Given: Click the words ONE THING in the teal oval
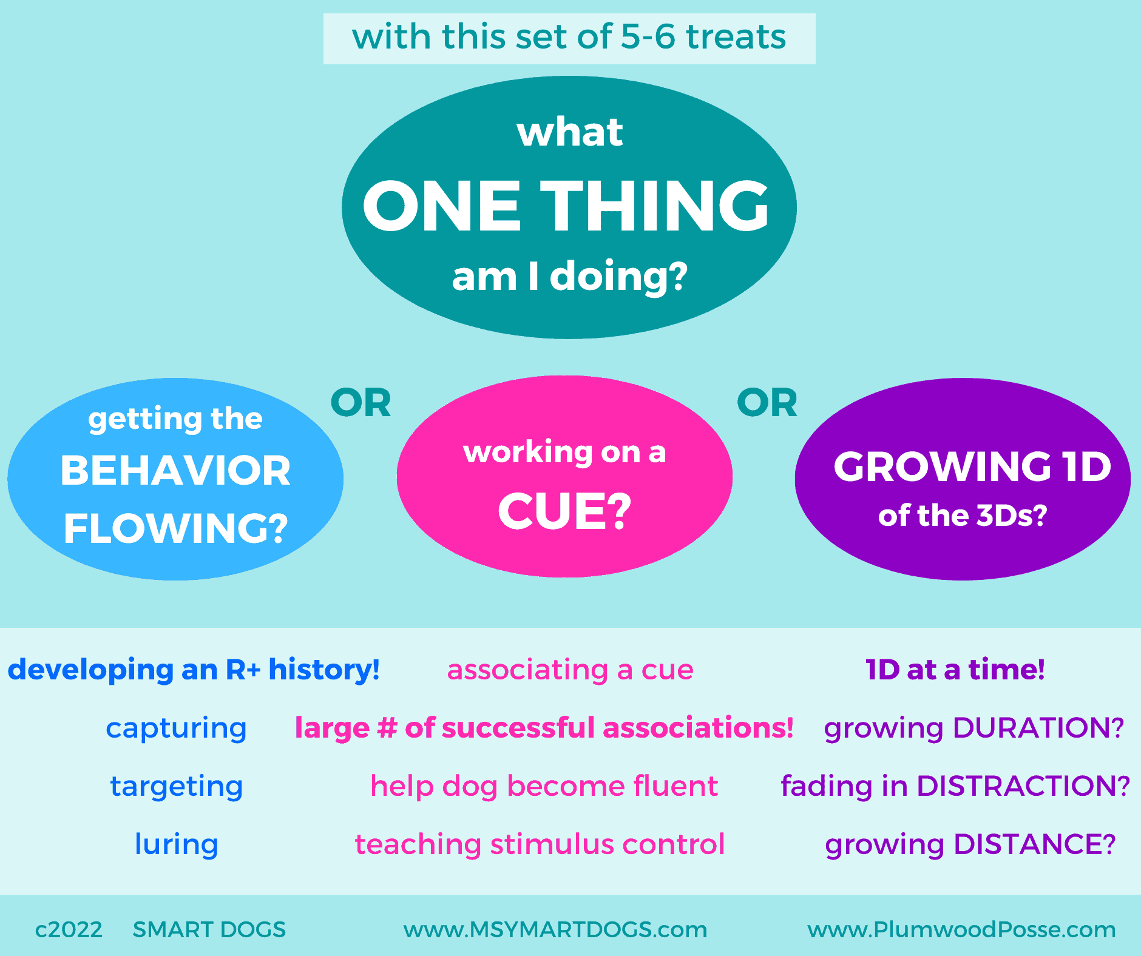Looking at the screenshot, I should coord(566,206).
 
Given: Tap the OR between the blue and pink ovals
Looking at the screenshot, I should coord(361,403).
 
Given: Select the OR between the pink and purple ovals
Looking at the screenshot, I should coord(767,403).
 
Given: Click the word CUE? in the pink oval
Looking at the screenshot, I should coord(564,511).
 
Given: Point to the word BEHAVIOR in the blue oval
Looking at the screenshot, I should coord(175,471).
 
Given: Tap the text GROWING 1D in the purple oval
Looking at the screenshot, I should coord(972,466).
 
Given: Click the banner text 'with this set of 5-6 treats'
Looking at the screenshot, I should coord(569,37).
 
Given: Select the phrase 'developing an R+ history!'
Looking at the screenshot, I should coord(194,670).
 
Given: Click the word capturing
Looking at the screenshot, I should coord(176,728).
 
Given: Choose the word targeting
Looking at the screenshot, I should coord(176,786).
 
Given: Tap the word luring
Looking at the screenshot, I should coord(176,844).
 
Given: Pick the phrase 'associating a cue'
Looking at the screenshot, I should coord(570,670).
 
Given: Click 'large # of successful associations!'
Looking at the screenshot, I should coord(544,728).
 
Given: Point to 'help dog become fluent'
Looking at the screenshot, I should coord(544,786).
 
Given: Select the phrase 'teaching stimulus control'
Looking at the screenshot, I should coord(540,844).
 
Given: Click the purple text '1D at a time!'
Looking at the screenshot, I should coord(955,670).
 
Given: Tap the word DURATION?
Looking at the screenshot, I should coord(1038,728).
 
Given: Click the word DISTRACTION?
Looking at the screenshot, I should coord(1023,786).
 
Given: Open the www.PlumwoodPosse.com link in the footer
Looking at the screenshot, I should coord(961,929).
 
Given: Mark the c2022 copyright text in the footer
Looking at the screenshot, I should coord(69,929).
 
